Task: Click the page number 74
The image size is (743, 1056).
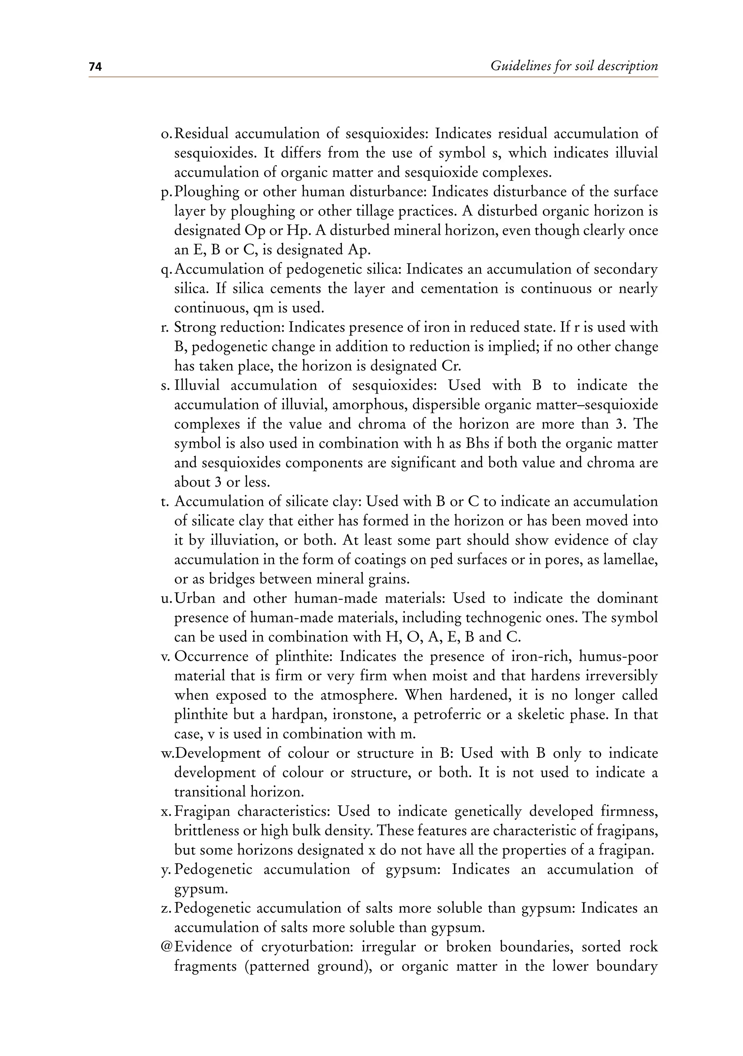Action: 95,67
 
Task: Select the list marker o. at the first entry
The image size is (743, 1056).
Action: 166,134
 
